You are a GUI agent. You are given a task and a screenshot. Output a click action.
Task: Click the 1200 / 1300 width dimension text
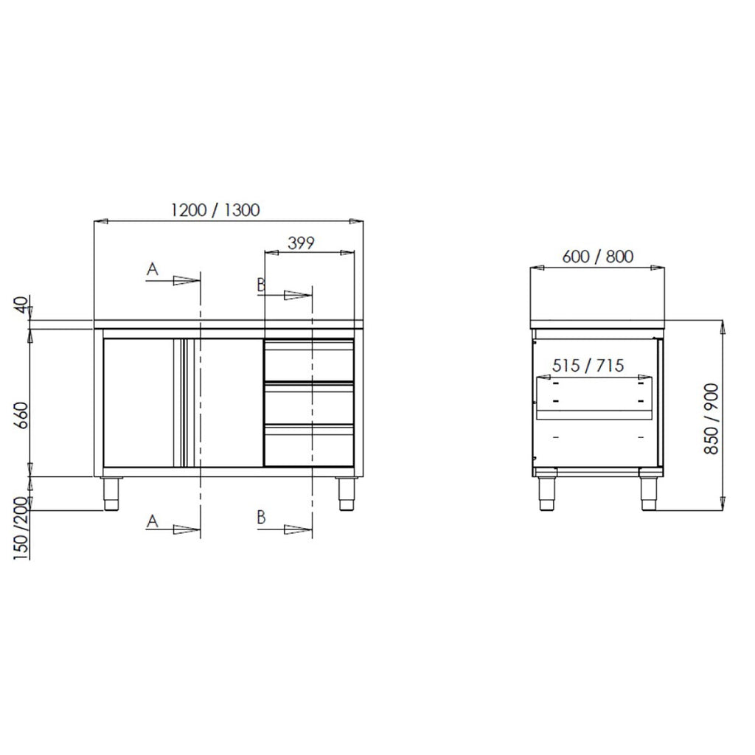pyautogui.click(x=215, y=210)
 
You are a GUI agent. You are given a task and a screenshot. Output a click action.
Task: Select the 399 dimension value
pyautogui.click(x=301, y=243)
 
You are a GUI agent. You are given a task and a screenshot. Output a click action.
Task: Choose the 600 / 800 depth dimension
pyautogui.click(x=597, y=257)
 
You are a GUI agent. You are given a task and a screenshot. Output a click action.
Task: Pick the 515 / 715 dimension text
pyautogui.click(x=588, y=366)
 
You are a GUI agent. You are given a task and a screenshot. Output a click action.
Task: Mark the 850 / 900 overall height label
pyautogui.click(x=711, y=419)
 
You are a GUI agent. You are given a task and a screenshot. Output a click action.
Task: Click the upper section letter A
pyautogui.click(x=152, y=268)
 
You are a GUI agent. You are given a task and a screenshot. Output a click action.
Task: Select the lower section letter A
pyautogui.click(x=152, y=521)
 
